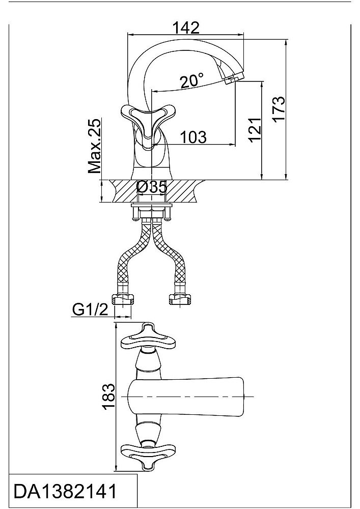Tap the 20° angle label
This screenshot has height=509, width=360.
click(192, 80)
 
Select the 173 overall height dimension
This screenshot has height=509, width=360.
click(279, 109)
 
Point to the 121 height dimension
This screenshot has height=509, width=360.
click(255, 129)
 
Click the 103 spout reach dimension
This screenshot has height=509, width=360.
click(193, 137)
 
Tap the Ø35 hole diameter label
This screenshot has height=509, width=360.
click(152, 187)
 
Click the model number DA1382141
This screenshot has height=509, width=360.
click(65, 491)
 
